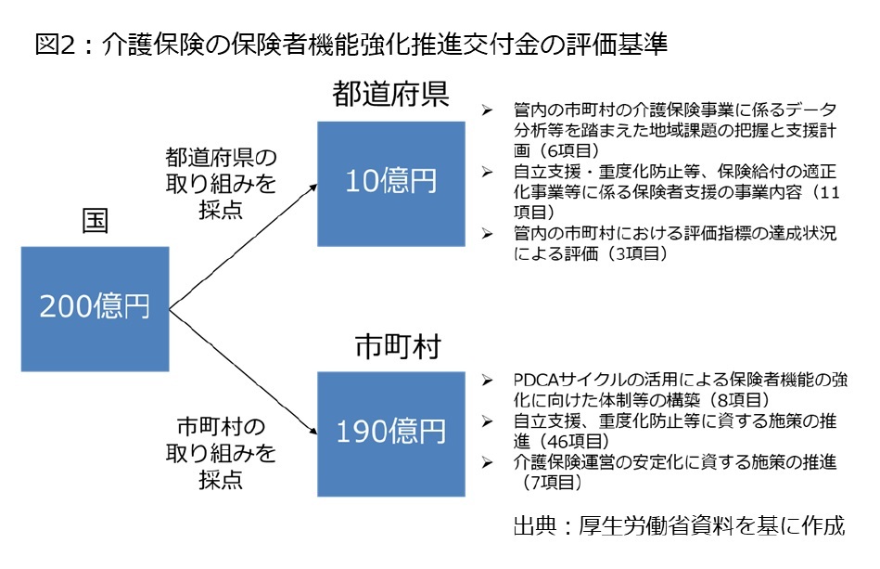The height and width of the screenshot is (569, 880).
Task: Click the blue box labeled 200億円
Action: [95, 309]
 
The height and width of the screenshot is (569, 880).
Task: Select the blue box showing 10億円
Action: [391, 184]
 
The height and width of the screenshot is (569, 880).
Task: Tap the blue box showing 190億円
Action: [391, 433]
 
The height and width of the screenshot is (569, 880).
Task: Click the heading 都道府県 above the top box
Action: [390, 94]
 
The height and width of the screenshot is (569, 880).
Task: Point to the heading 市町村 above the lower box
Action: [398, 346]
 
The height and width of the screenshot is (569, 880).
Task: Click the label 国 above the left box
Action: [95, 221]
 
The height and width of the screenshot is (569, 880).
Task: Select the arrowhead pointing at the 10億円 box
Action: [312, 188]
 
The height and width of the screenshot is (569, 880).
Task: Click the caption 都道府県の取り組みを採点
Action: [221, 184]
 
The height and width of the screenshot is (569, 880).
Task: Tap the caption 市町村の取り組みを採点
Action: [221, 453]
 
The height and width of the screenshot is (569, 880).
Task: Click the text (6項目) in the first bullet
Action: [566, 150]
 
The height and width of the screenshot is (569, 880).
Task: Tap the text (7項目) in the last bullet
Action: [549, 482]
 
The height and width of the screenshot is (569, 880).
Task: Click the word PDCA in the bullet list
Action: [537, 380]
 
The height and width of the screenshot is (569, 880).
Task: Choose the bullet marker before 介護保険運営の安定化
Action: [487, 462]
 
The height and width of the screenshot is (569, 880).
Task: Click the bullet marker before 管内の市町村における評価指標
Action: [487, 233]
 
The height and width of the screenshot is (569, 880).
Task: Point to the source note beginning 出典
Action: [679, 525]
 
